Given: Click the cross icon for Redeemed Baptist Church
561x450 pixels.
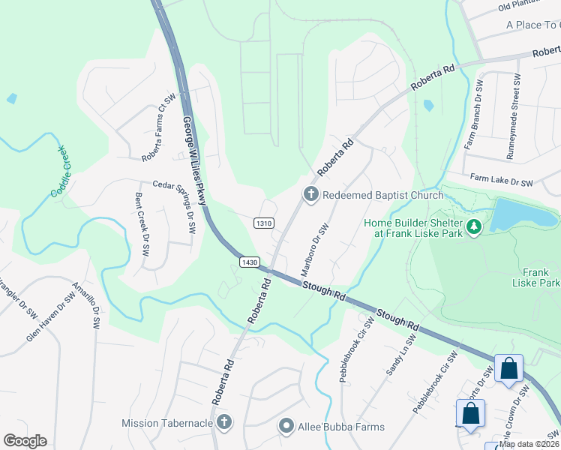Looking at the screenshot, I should (x=310, y=195).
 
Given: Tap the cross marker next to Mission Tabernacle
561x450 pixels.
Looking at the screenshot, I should (x=223, y=424).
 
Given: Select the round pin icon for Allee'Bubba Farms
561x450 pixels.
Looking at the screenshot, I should (x=286, y=427).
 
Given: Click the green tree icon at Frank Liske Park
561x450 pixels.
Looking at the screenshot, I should (x=473, y=226).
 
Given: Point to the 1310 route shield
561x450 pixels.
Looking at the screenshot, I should (x=263, y=223).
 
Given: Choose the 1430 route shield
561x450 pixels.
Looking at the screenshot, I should (x=250, y=262).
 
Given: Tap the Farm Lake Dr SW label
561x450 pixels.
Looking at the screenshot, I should (x=501, y=180).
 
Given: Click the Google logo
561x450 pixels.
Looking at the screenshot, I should (x=25, y=441).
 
